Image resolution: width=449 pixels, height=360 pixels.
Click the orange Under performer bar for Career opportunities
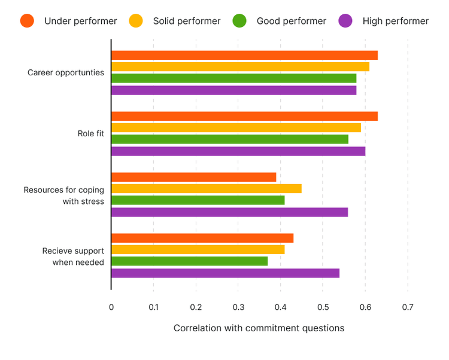click(244, 55)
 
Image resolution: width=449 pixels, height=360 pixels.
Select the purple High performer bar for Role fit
click(238, 151)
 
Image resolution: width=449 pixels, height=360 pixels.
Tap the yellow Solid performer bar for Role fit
click(236, 127)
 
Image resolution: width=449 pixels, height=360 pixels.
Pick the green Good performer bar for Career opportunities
click(233, 78)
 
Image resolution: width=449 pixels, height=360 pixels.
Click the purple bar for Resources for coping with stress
click(229, 212)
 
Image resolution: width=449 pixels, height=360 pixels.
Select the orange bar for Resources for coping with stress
click(193, 177)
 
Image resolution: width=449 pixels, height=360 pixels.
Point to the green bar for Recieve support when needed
click(189, 261)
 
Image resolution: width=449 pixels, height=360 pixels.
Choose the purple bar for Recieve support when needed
click(225, 273)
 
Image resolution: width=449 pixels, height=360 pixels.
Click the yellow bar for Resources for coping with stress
click(206, 189)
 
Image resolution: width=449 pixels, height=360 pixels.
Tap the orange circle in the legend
click(28, 21)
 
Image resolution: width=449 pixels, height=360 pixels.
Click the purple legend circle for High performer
click(345, 21)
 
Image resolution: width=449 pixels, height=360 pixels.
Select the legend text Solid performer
click(187, 21)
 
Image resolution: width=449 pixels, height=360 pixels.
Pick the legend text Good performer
click(292, 21)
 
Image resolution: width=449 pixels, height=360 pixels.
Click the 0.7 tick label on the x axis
click(408, 307)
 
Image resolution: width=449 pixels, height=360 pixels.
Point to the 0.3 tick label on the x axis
click(238, 307)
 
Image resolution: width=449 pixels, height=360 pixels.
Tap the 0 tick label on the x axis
click(111, 307)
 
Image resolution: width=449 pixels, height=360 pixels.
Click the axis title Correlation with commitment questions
click(259, 328)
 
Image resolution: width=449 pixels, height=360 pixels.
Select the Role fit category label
click(90, 133)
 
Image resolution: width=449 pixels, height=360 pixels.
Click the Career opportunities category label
click(66, 73)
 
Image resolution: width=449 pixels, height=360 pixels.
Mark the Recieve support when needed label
click(73, 257)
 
